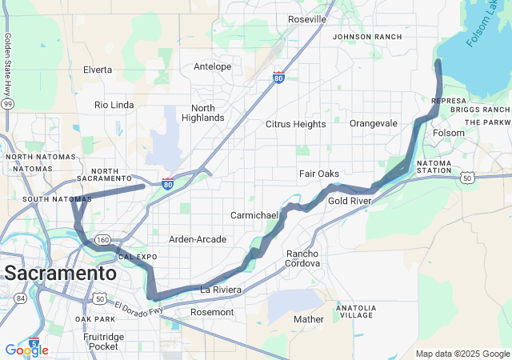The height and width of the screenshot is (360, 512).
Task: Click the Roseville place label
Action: (307, 19)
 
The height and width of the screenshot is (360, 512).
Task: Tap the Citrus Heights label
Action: (296, 124)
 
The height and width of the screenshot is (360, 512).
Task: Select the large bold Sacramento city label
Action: (60, 273)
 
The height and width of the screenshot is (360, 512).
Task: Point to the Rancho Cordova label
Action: (303, 258)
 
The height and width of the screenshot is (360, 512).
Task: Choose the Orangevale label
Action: (374, 124)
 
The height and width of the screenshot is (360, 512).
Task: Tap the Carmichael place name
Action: (254, 216)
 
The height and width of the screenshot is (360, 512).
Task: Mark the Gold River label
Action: (349, 201)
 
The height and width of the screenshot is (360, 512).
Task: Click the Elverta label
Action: (98, 70)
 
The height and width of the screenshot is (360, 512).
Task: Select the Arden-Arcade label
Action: (198, 239)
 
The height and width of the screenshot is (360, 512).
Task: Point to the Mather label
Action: (309, 319)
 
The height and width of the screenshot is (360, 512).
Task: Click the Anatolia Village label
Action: (356, 311)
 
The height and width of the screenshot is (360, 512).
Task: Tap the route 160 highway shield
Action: (103, 240)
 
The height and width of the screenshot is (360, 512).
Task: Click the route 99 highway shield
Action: (7, 103)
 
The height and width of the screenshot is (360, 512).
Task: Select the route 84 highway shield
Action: (20, 298)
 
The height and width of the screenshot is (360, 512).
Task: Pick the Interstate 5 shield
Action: (34, 342)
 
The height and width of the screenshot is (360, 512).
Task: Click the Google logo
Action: (26, 350)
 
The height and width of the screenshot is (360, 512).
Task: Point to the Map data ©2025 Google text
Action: (462, 354)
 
